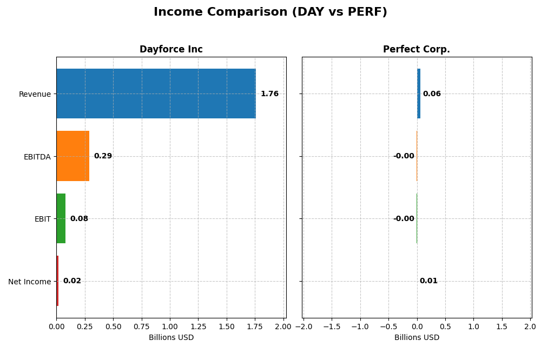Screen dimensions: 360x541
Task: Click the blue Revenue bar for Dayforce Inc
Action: coord(156,94)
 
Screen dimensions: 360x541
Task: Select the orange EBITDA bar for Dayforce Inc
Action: coord(73,156)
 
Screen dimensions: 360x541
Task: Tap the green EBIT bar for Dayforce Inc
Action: coord(61,218)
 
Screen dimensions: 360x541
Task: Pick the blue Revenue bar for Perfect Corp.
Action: coord(419,94)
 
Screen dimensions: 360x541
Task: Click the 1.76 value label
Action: coord(269,94)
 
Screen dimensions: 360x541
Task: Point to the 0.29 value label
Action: coord(103,156)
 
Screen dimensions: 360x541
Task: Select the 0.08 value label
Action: coord(79,219)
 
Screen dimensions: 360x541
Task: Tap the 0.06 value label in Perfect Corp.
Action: coord(432,94)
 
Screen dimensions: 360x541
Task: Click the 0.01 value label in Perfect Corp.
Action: coord(428,281)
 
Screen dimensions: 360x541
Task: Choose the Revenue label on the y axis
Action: coord(35,95)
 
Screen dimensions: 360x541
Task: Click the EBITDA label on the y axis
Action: coord(37,157)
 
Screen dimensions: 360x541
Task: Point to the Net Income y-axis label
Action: coord(29,282)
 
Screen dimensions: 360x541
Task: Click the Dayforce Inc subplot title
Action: coord(171,50)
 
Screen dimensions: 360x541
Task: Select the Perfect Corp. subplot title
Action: coord(417,50)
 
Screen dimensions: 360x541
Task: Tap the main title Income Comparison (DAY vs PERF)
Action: coord(270,12)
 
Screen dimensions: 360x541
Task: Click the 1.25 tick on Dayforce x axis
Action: coord(199,327)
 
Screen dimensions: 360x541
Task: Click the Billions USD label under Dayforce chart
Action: coord(171,338)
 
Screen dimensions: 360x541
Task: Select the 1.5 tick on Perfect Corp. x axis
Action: coord(502,327)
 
